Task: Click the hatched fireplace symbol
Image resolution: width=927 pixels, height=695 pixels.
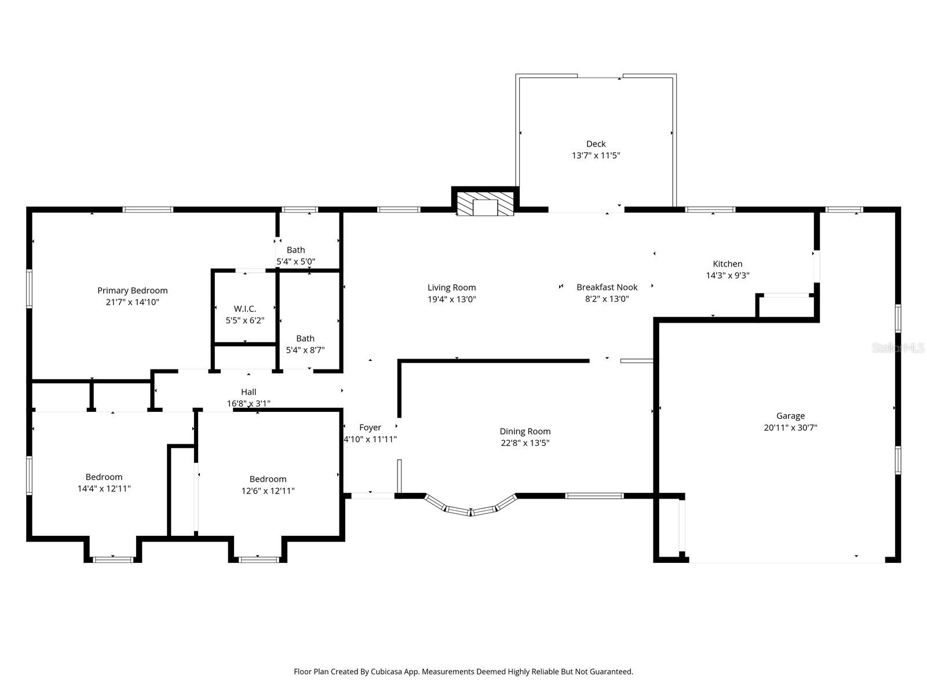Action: pyautogui.click(x=485, y=204)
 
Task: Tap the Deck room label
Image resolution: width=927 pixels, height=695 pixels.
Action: pyautogui.click(x=596, y=144)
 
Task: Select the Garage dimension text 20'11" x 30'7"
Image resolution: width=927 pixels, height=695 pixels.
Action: pyautogui.click(x=790, y=428)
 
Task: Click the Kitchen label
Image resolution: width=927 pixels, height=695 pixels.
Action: pyautogui.click(x=727, y=264)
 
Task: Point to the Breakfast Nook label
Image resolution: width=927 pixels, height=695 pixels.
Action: pyautogui.click(x=607, y=287)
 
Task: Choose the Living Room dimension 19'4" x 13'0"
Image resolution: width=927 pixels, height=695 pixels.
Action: pyautogui.click(x=451, y=299)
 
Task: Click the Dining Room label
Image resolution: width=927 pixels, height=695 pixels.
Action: pyautogui.click(x=525, y=431)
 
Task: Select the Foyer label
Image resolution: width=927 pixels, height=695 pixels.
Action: pyautogui.click(x=370, y=427)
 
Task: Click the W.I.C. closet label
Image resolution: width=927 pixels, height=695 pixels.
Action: pyautogui.click(x=244, y=309)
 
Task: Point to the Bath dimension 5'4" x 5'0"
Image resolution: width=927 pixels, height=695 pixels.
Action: pyautogui.click(x=295, y=262)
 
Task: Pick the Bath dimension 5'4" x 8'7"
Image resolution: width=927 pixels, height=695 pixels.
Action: pyautogui.click(x=305, y=350)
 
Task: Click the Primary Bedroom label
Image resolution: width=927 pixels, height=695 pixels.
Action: pyautogui.click(x=132, y=291)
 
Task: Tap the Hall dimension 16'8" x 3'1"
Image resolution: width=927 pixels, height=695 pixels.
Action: pyautogui.click(x=248, y=404)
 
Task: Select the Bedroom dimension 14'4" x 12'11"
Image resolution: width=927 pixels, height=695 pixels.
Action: pyautogui.click(x=104, y=489)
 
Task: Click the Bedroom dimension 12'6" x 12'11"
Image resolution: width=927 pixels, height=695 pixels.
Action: pyautogui.click(x=268, y=491)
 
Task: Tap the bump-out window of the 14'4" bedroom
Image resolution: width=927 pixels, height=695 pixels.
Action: pyautogui.click(x=113, y=559)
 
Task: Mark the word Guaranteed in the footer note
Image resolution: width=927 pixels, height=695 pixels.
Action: pyautogui.click(x=611, y=672)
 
